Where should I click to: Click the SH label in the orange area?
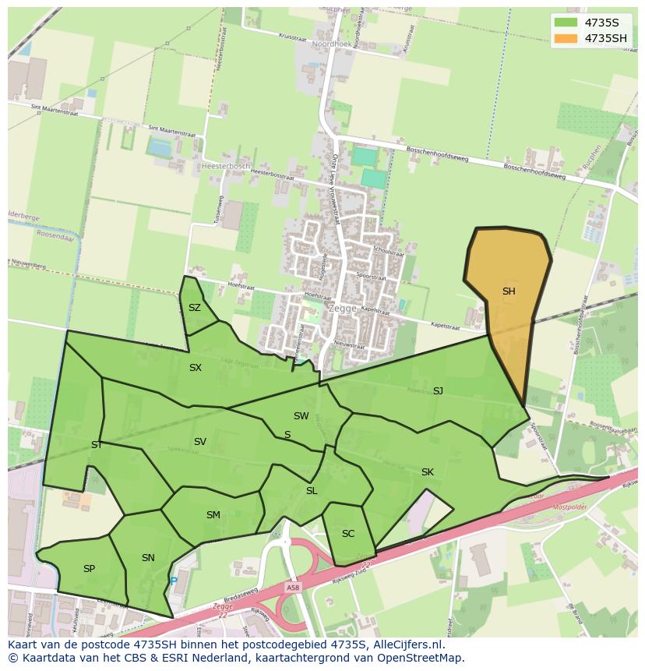(x=509, y=291)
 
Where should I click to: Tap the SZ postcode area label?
(x=195, y=308)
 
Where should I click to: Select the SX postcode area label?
(x=196, y=368)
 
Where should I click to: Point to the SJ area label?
(x=438, y=391)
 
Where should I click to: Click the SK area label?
(x=427, y=472)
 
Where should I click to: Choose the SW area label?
(x=301, y=416)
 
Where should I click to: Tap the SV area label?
(x=200, y=442)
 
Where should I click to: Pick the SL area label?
(x=312, y=491)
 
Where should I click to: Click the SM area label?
(x=213, y=515)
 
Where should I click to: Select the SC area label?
(x=348, y=534)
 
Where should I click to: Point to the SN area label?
(x=148, y=558)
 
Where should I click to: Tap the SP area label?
(x=89, y=569)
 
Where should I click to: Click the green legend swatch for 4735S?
(x=566, y=22)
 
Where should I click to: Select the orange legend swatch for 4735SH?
(x=566, y=38)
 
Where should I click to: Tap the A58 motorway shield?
(x=292, y=588)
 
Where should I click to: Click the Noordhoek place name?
(x=332, y=45)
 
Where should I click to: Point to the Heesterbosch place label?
(x=225, y=166)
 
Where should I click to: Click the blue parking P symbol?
(x=174, y=581)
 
